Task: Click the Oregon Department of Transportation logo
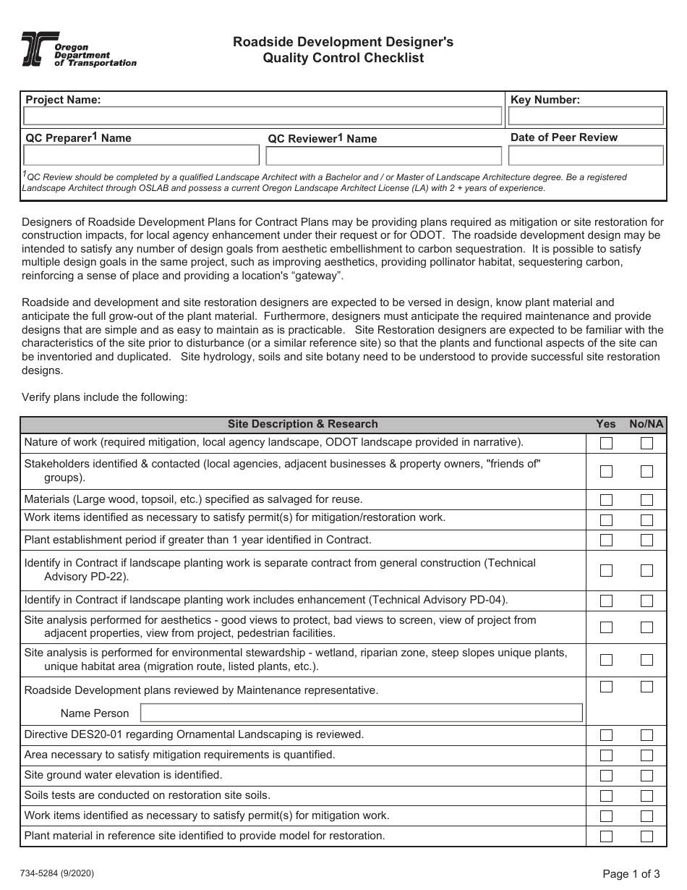click(78, 50)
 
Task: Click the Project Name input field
click(263, 116)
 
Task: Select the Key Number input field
click(586, 116)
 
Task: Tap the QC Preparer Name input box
click(141, 156)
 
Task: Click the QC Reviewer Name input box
click(383, 156)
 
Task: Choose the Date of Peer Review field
click(586, 156)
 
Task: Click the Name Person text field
click(361, 713)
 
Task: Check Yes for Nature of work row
click(606, 444)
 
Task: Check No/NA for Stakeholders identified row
click(647, 471)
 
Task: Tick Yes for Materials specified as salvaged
click(606, 500)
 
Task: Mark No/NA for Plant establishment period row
click(647, 540)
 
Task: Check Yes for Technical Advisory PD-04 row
click(606, 601)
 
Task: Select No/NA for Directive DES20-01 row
click(647, 735)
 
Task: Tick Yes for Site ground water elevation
click(606, 776)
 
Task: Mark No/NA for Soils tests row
click(647, 796)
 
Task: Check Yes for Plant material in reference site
click(606, 836)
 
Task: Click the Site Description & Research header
click(302, 424)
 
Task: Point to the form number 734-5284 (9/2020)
click(58, 873)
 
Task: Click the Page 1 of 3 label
click(631, 873)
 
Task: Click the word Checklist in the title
click(394, 59)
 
